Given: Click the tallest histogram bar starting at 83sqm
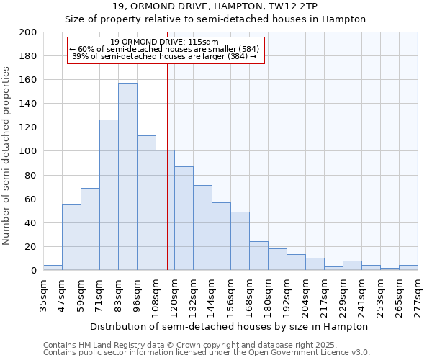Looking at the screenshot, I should pyautogui.click(x=127, y=176).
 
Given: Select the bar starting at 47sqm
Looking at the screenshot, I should pyautogui.click(x=71, y=238).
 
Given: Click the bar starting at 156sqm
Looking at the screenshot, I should pyautogui.click(x=240, y=241).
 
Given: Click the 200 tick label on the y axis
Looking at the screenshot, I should pyautogui.click(x=28, y=32).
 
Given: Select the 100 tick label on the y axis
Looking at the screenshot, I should pyautogui.click(x=28, y=151).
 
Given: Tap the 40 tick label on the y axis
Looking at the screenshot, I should pyautogui.click(x=31, y=222).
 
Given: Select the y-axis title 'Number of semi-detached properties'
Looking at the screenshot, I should pyautogui.click(x=7, y=156).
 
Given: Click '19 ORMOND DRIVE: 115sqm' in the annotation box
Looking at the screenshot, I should pyautogui.click(x=165, y=42).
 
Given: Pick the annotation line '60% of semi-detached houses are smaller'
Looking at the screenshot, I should pyautogui.click(x=165, y=49).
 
